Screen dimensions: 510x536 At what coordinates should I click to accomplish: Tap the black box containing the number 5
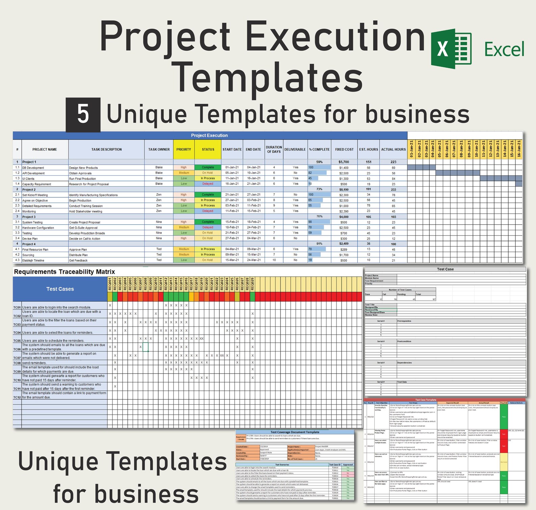[83, 115]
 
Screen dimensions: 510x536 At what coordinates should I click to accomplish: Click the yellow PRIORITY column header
[184, 149]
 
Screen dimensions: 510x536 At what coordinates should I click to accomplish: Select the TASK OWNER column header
[159, 149]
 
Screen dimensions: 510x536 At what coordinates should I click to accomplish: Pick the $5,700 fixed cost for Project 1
[344, 162]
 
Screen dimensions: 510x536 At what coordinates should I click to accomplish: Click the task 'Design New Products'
[83, 168]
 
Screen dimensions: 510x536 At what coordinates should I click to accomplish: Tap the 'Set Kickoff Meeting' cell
[35, 195]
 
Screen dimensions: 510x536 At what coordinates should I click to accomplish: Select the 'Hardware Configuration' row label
[38, 228]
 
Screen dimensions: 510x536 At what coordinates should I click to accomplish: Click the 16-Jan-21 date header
[519, 149]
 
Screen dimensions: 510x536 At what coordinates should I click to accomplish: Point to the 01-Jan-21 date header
[411, 149]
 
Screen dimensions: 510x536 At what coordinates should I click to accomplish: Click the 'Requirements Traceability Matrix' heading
[64, 272]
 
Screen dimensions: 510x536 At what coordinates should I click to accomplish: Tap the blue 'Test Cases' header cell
[60, 289]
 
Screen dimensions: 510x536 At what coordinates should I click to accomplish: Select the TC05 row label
[17, 341]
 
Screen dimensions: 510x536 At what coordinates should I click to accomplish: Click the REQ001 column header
[110, 284]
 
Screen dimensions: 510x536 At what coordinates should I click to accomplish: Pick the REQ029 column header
[252, 284]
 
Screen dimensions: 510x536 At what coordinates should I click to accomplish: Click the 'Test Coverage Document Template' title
[295, 432]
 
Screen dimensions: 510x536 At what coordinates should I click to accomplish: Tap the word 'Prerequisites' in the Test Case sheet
[404, 321]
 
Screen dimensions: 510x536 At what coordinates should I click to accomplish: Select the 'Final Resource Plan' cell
[35, 250]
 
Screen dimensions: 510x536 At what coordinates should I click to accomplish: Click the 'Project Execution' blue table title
[209, 136]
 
